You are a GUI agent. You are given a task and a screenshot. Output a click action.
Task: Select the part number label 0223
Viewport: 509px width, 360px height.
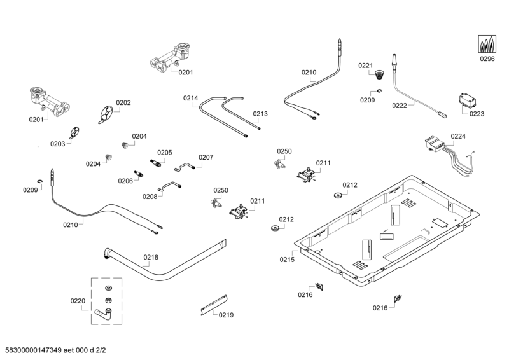click(x=477, y=114)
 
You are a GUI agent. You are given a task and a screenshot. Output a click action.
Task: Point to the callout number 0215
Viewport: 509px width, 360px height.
click(x=288, y=260)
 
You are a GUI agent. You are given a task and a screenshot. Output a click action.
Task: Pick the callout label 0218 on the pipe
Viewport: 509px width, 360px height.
click(x=151, y=258)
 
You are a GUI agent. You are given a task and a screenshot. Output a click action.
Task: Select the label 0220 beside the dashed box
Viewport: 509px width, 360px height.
click(x=78, y=301)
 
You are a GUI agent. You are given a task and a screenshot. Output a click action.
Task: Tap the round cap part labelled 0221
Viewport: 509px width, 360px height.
click(x=380, y=74)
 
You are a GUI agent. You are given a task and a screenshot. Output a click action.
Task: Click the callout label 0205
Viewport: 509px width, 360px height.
click(x=165, y=153)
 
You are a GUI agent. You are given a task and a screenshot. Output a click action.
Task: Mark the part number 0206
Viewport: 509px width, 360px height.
click(x=125, y=181)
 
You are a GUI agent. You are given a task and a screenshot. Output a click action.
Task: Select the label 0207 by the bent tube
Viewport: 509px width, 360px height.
click(x=206, y=157)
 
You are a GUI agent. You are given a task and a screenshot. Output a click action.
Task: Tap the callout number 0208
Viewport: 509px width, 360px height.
click(x=150, y=197)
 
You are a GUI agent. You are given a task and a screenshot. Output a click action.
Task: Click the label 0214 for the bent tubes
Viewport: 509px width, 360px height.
click(x=191, y=98)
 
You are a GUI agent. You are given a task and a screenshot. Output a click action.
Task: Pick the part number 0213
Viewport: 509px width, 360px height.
click(x=260, y=114)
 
